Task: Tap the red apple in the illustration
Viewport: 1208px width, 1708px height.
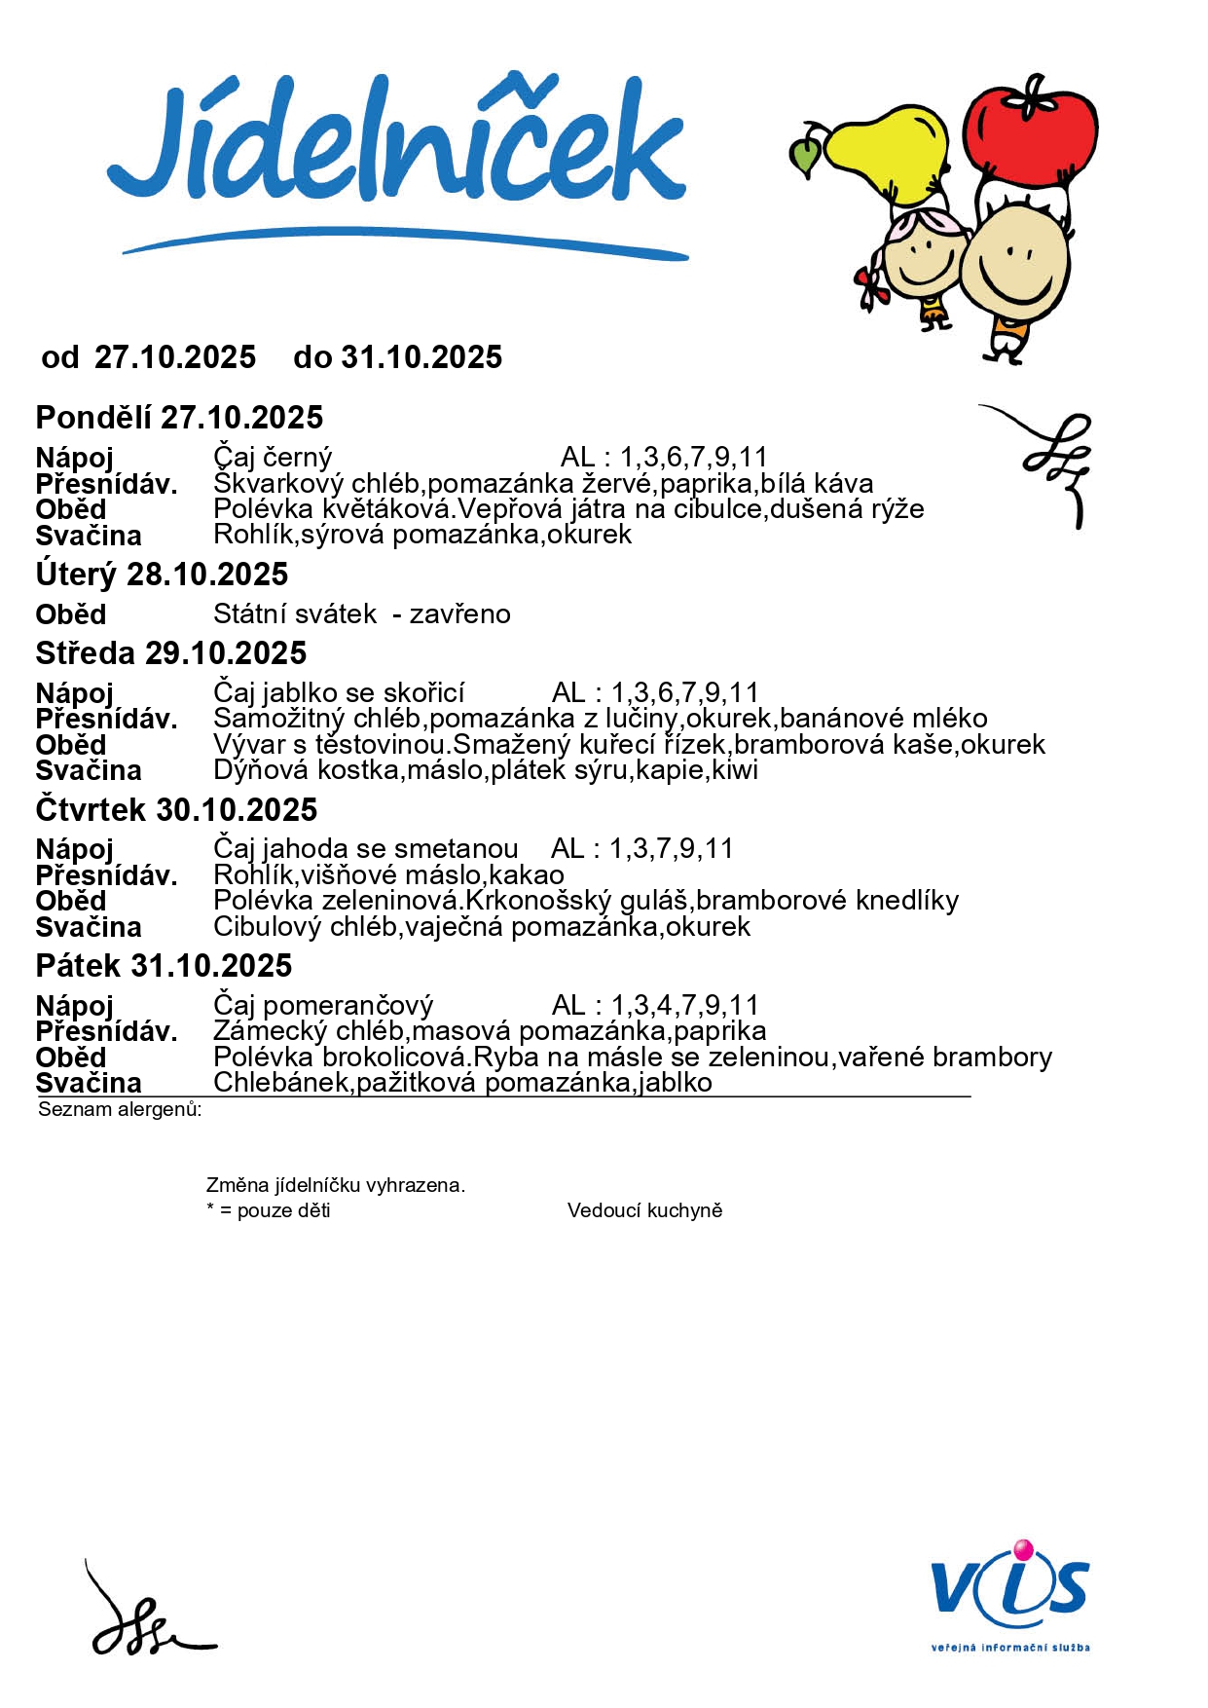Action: (x=1030, y=131)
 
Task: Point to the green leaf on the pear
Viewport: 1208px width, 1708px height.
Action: (x=805, y=156)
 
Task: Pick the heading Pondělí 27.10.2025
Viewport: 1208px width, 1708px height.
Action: (x=179, y=418)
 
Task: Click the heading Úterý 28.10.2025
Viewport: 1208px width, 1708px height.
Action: (x=162, y=575)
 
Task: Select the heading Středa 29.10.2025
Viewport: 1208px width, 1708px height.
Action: (x=171, y=653)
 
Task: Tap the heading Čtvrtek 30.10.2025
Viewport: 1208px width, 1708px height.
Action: (x=176, y=810)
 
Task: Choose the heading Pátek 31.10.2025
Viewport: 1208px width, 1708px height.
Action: (x=164, y=966)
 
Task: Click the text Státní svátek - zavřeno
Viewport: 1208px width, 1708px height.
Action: (x=361, y=614)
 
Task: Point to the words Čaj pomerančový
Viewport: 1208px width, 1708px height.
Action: (x=323, y=1005)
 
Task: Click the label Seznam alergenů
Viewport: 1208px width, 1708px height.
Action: (x=120, y=1109)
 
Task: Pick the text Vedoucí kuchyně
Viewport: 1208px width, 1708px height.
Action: (x=644, y=1210)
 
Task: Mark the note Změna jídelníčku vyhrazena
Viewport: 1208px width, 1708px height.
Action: (x=336, y=1185)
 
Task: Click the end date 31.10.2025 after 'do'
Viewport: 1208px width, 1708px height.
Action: (x=421, y=357)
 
